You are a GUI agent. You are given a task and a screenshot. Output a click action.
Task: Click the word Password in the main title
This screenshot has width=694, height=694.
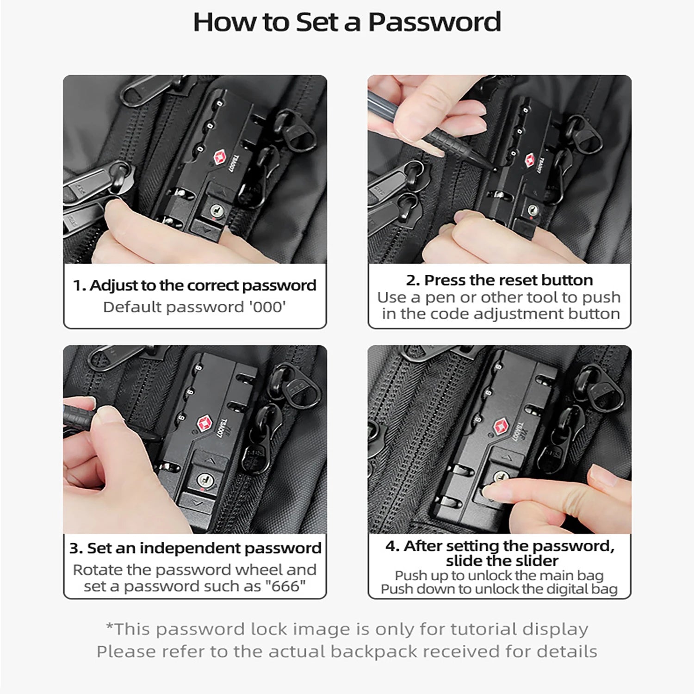click(434, 22)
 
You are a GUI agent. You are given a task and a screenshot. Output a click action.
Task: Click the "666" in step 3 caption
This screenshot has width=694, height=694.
click(285, 586)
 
